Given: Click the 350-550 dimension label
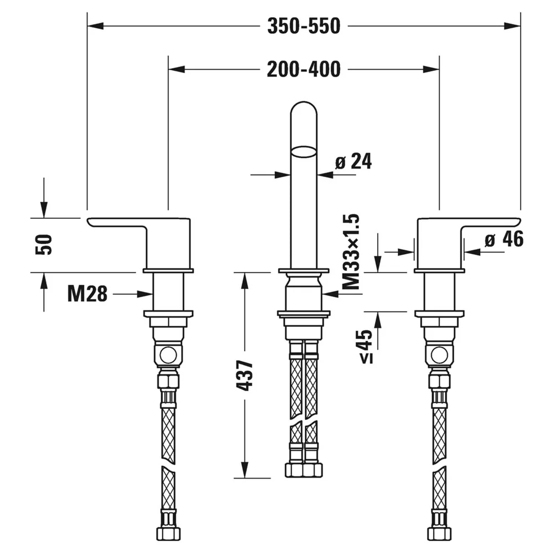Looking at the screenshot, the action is (304, 26).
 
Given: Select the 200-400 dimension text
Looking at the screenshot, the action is (304, 69).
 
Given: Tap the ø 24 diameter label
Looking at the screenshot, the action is (353, 162).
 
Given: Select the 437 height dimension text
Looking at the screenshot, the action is (244, 375).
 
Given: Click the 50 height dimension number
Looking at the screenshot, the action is (44, 244).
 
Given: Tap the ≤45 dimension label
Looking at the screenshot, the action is (366, 347).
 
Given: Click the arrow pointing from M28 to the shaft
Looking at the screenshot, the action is (132, 294).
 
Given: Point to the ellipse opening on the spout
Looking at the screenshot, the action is (304, 152).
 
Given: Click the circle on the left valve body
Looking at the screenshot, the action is (168, 355).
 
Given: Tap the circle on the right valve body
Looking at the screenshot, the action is (439, 355).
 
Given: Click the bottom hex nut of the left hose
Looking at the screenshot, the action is (168, 534).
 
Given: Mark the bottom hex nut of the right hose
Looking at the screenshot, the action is (439, 534).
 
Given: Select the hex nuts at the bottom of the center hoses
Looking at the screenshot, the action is (304, 470).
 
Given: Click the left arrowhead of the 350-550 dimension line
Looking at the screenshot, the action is (95, 26).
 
